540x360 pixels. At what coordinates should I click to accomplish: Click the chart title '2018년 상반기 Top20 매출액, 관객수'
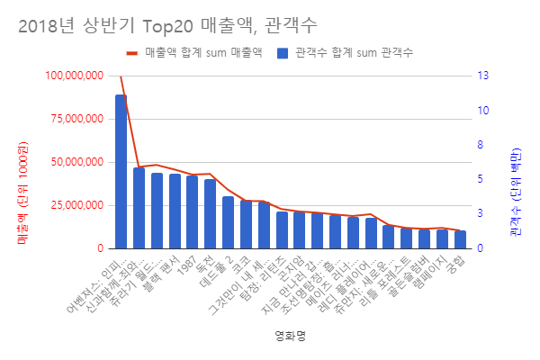tap(166, 21)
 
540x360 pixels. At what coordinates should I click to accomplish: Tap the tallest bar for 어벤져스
tap(121, 171)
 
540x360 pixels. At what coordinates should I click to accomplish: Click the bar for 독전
tap(210, 213)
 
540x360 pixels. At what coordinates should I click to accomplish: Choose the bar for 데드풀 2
tap(228, 222)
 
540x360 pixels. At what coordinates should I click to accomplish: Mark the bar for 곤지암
tap(299, 230)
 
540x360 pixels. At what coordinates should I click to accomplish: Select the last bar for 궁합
tap(460, 239)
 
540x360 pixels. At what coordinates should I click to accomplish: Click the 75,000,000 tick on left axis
tap(73, 119)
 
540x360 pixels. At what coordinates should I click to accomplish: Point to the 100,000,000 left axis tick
tap(70, 76)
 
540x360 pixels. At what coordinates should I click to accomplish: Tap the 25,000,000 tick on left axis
tap(73, 205)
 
